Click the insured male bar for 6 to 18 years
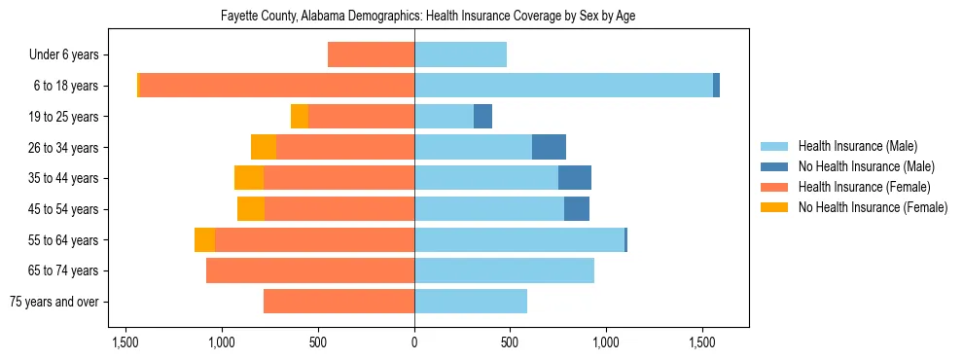click(563, 86)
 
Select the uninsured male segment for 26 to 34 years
click(549, 147)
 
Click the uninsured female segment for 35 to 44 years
click(249, 178)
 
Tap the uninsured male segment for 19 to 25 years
click(482, 117)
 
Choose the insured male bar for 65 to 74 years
click(504, 270)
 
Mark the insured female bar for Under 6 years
click(371, 54)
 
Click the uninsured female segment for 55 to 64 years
click(204, 239)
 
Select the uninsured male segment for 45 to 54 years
click(577, 209)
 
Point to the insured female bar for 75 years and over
click(339, 302)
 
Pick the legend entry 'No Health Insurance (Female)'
click(873, 207)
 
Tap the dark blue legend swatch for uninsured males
click(775, 166)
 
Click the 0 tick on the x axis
click(414, 342)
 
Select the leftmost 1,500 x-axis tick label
click(125, 342)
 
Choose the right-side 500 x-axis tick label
click(510, 342)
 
